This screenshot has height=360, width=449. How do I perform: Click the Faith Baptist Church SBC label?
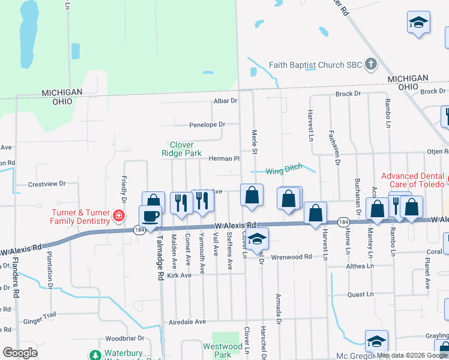(x=316, y=65)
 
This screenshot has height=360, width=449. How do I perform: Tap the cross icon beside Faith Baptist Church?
(x=371, y=64)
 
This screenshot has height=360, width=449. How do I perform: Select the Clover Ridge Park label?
(x=181, y=149)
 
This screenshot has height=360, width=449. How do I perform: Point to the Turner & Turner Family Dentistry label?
(x=80, y=217)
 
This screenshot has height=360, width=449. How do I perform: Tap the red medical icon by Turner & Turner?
(x=119, y=216)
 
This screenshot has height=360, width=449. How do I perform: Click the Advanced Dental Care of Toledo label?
(x=413, y=180)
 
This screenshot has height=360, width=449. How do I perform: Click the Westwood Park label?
(x=223, y=350)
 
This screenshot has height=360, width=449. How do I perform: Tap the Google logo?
(x=20, y=353)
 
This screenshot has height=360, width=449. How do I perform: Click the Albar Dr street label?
(x=226, y=101)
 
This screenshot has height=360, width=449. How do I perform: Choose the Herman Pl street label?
(x=224, y=159)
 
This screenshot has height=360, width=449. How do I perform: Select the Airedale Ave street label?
(x=187, y=322)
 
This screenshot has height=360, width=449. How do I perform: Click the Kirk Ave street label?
(x=179, y=275)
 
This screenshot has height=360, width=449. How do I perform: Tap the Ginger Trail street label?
(x=40, y=322)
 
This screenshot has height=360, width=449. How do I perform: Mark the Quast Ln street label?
(x=361, y=295)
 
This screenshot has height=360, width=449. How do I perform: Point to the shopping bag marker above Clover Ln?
(x=252, y=196)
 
